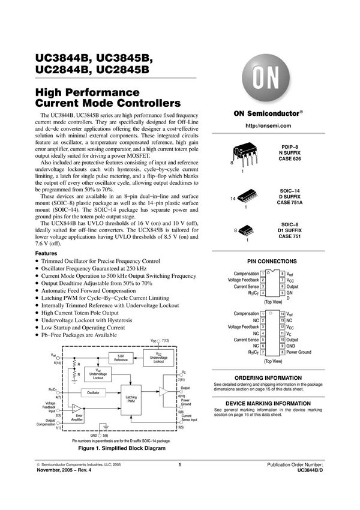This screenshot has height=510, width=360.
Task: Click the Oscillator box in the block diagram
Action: (x=93, y=392)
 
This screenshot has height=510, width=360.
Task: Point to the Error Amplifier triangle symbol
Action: (x=76, y=409)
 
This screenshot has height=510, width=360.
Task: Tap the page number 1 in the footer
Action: (x=179, y=465)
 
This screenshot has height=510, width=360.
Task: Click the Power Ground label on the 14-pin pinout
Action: (x=299, y=352)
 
